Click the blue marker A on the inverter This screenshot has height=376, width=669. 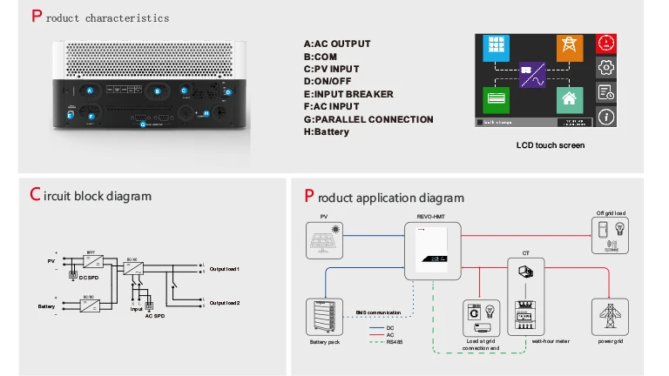point(90,91)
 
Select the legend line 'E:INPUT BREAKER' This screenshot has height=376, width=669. point(348,94)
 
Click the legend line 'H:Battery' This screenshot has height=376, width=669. point(326,132)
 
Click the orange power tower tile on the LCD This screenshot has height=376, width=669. point(569,48)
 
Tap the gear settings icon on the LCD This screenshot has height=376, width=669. point(606,67)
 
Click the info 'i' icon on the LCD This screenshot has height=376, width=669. point(606,117)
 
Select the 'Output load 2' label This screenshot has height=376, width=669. point(224,302)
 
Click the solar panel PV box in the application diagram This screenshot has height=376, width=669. point(324,240)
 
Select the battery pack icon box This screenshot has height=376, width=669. point(325,319)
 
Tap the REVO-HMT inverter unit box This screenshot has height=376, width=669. point(432,250)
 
